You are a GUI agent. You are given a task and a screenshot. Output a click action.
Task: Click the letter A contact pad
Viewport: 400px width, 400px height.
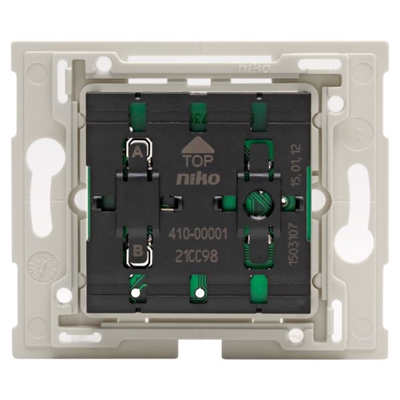coord(138,151)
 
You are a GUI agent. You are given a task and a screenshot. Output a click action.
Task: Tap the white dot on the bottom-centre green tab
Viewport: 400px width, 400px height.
coord(198,292)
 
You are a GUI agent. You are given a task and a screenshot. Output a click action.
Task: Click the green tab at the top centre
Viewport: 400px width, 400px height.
coord(199,113)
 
